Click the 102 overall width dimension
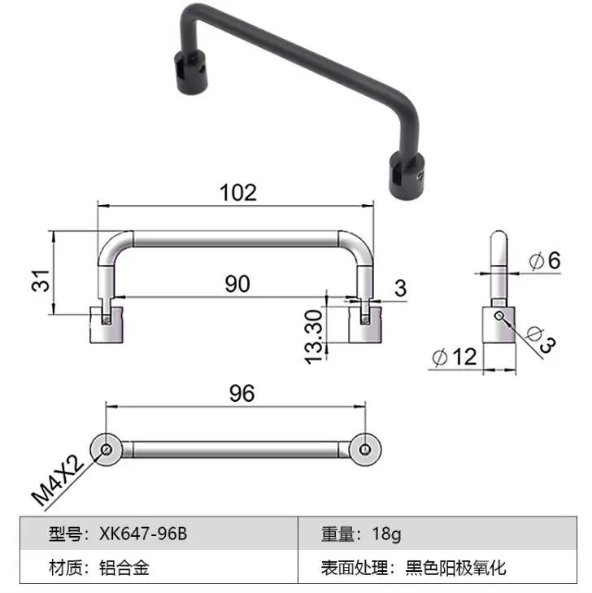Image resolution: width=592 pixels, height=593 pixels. [x=237, y=192]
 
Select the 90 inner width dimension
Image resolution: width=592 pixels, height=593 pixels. [x=237, y=284]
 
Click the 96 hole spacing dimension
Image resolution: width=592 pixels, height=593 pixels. [x=242, y=393]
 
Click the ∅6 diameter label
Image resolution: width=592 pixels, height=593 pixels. [x=544, y=261]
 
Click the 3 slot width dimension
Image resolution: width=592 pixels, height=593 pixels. [x=400, y=287]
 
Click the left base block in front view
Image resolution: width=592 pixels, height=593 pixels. [x=106, y=325]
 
